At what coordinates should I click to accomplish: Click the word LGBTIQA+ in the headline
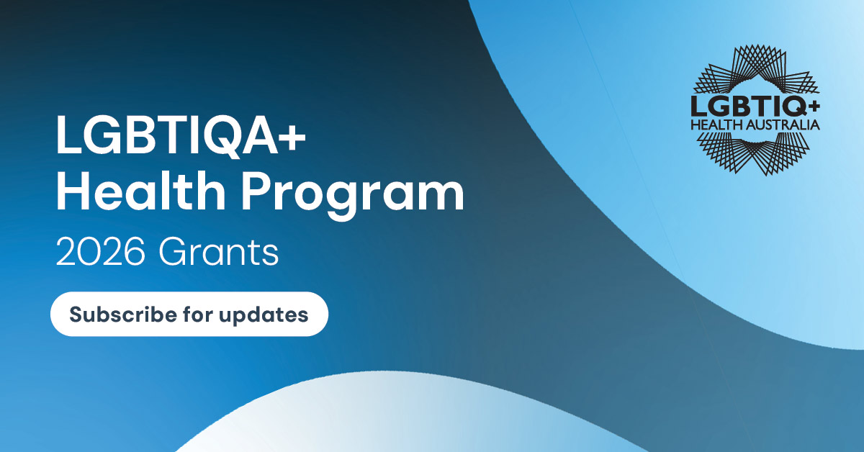click(x=181, y=135)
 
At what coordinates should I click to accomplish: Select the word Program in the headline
click(x=353, y=195)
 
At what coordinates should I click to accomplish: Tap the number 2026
click(x=101, y=252)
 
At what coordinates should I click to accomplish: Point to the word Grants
click(x=218, y=252)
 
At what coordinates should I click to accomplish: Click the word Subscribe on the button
click(x=123, y=314)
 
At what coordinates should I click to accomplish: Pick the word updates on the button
click(x=264, y=315)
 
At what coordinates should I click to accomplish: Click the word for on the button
click(x=198, y=314)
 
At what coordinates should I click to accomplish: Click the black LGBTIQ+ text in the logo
click(x=755, y=106)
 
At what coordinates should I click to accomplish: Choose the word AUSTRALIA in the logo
click(x=783, y=125)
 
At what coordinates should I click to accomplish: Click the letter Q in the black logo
click(x=793, y=107)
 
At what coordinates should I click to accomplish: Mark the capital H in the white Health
click(x=73, y=190)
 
